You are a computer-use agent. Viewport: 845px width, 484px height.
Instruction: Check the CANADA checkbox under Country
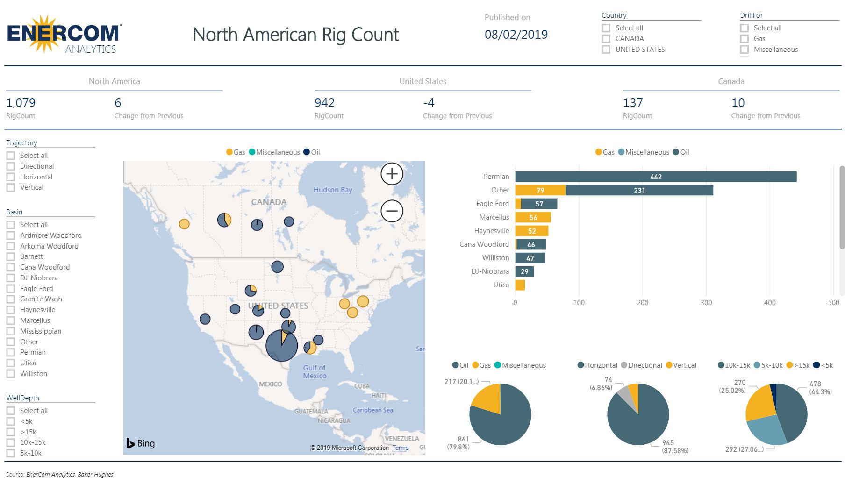point(606,39)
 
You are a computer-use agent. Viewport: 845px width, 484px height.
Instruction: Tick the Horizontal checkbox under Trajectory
point(11,177)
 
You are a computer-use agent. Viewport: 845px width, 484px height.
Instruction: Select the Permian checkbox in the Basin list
point(11,352)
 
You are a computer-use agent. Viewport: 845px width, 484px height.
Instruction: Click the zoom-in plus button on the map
point(392,174)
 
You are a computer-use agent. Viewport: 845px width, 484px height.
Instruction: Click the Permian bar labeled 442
point(655,177)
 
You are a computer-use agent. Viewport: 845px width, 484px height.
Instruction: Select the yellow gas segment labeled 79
point(540,190)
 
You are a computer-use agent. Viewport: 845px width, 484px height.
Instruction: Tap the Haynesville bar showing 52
point(531,231)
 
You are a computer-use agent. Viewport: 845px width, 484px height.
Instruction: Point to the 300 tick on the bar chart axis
point(706,302)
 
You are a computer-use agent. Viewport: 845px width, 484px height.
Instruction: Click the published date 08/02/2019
point(516,35)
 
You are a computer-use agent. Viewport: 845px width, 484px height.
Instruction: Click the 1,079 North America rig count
point(21,103)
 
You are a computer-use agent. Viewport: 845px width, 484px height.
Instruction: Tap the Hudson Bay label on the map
point(333,190)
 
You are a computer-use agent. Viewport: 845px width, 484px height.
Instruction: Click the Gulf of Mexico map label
point(315,372)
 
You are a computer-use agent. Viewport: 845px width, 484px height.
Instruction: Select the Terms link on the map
point(400,448)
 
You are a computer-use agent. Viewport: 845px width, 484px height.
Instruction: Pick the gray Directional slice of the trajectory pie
point(623,395)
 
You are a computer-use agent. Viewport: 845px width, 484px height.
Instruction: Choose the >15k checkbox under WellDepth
point(11,432)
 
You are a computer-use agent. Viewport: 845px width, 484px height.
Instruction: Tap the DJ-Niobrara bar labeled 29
point(524,271)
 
